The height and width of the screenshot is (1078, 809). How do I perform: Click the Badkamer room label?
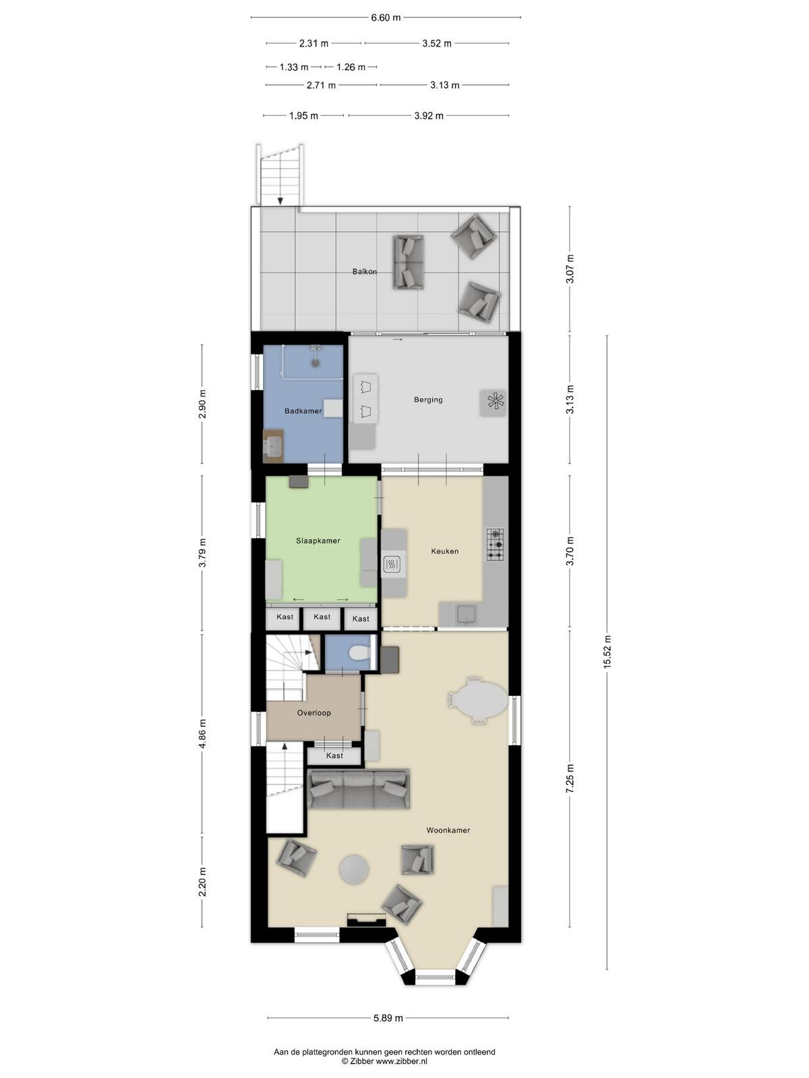[x=303, y=411]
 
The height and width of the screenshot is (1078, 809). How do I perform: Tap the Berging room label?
[x=428, y=400]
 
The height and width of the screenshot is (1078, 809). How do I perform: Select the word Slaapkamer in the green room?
[x=318, y=541]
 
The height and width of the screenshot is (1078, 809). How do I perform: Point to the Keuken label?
[x=444, y=551]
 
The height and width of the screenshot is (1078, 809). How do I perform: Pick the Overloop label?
[x=314, y=713]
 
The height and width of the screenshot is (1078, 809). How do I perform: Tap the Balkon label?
[x=365, y=272]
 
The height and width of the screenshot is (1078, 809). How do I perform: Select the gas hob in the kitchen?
[x=495, y=544]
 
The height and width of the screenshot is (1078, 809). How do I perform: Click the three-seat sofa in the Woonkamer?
[x=359, y=789]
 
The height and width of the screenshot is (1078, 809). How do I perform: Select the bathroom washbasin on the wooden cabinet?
[x=272, y=447]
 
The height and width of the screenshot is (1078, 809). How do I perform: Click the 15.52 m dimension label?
[x=607, y=652]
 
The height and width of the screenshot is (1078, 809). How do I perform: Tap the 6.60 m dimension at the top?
[x=386, y=18]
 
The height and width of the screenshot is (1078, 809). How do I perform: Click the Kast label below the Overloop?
[x=334, y=756]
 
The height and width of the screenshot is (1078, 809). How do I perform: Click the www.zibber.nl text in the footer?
[x=402, y=1060]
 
